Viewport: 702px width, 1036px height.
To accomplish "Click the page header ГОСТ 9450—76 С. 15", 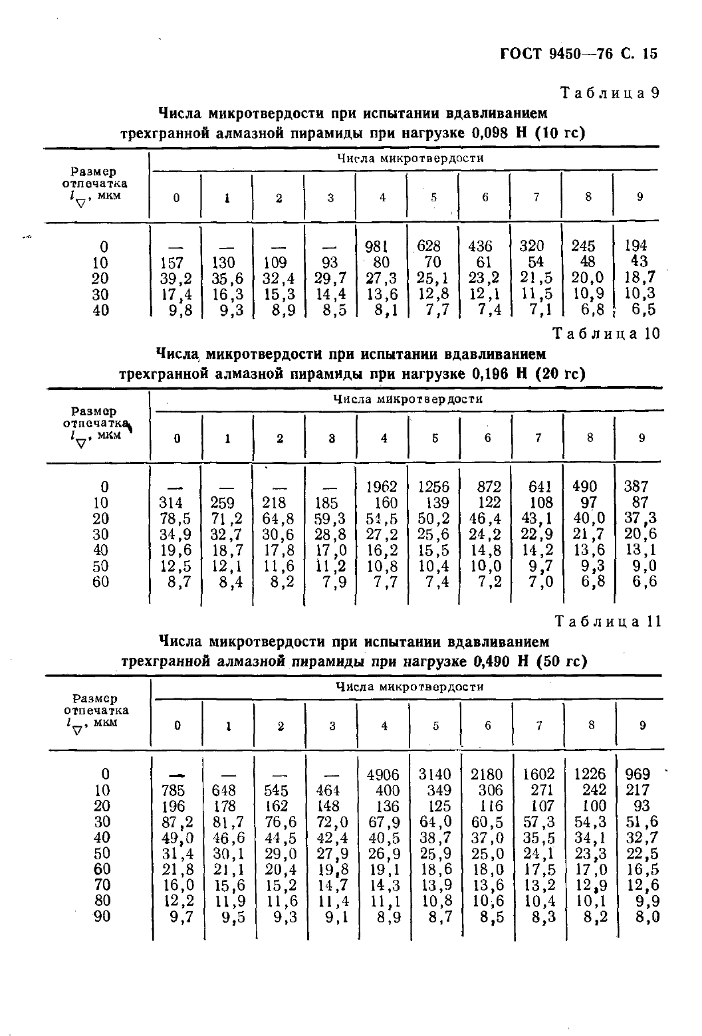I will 578,53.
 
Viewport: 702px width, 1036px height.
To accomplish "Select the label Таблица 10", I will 607,334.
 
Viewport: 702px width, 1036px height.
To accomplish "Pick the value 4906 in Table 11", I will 383,775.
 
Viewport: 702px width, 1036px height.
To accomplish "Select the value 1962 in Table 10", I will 382,487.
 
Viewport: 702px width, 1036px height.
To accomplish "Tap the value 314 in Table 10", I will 172,503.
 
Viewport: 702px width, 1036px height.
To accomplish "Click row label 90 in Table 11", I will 102,917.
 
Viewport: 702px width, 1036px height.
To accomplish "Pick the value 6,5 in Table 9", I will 643,310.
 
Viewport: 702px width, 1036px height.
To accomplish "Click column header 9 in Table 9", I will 640,197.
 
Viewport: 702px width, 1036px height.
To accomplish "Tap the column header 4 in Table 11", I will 384,726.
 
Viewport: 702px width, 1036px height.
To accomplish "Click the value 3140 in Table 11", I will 434,775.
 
